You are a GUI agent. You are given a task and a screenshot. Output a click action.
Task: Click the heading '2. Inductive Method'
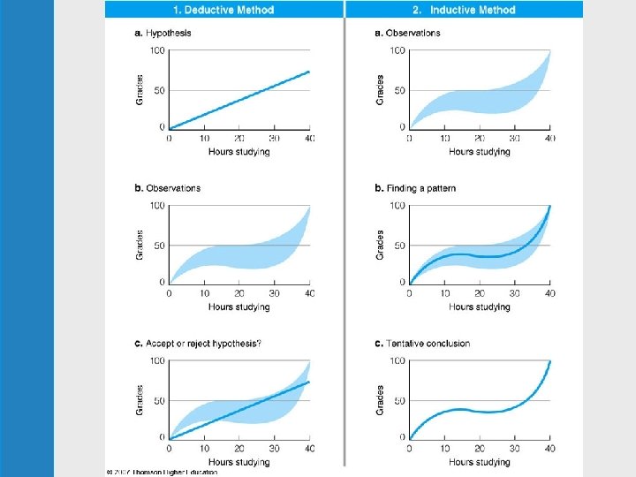pyautogui.click(x=464, y=11)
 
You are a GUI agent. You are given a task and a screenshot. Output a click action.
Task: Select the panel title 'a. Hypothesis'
pyautogui.click(x=163, y=34)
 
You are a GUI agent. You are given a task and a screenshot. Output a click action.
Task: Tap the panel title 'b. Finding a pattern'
pyautogui.click(x=415, y=188)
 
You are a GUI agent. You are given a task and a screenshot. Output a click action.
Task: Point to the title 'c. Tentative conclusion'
pyautogui.click(x=422, y=343)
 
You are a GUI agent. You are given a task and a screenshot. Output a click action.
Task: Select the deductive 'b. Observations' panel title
pyautogui.click(x=167, y=188)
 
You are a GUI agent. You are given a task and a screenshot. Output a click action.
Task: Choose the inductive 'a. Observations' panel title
pyautogui.click(x=407, y=34)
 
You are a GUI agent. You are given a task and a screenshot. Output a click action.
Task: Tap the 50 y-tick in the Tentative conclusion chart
pyautogui.click(x=397, y=400)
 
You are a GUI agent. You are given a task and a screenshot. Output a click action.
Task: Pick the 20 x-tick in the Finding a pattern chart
pyautogui.click(x=480, y=294)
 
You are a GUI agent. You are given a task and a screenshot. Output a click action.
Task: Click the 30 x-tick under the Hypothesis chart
pyautogui.click(x=274, y=140)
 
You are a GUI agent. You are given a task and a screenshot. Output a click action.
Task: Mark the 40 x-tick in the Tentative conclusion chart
pyautogui.click(x=550, y=450)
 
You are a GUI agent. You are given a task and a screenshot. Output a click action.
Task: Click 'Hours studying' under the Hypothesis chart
pyautogui.click(x=239, y=152)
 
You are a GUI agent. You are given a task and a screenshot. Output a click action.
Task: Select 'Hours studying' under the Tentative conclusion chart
pyautogui.click(x=480, y=462)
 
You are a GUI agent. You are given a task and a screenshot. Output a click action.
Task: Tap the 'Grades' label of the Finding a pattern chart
pyautogui.click(x=381, y=245)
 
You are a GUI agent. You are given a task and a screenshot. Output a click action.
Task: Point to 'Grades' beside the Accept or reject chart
pyautogui.click(x=140, y=399)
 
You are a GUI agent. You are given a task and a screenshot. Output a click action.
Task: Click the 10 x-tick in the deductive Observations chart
pyautogui.click(x=204, y=294)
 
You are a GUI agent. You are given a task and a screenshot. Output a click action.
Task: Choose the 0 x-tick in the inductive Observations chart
pyautogui.click(x=409, y=140)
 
